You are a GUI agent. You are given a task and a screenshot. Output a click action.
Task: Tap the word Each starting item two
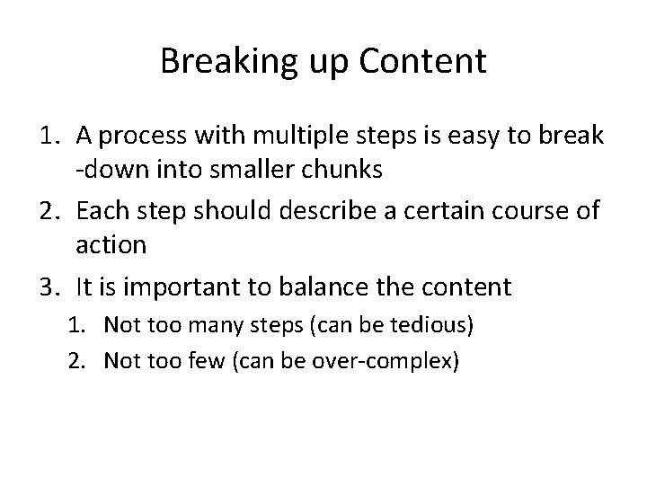(101, 212)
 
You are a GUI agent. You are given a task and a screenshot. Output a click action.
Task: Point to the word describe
(320, 212)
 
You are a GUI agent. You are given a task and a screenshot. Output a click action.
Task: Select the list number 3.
(50, 287)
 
